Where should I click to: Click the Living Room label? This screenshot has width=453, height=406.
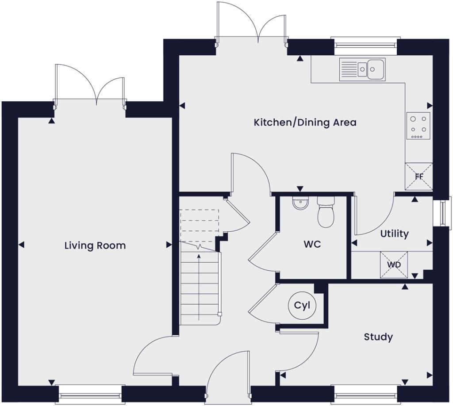(95, 245)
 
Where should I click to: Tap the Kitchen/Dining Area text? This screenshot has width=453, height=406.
(305, 123)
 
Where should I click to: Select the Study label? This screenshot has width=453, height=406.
(378, 337)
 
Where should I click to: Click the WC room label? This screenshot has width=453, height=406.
(312, 244)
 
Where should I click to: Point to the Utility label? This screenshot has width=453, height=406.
(394, 234)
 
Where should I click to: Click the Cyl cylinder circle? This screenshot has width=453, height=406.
(303, 306)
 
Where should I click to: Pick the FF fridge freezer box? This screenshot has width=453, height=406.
(419, 176)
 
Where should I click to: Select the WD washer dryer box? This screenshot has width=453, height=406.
(394, 264)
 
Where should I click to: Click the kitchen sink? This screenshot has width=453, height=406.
(362, 69)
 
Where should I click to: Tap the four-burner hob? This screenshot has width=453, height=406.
(418, 126)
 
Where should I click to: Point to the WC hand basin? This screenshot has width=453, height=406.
(300, 204)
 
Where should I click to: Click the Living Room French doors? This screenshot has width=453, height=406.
(90, 86)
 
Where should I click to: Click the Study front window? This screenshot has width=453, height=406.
(365, 391)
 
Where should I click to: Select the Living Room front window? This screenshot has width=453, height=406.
(90, 391)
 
